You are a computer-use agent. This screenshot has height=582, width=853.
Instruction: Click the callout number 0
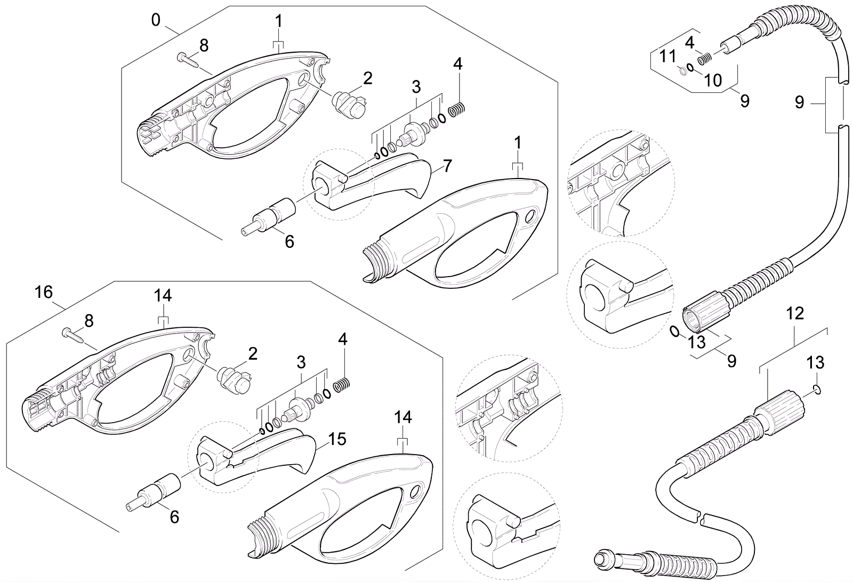[155, 20]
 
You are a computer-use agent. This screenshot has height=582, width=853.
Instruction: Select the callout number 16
[44, 292]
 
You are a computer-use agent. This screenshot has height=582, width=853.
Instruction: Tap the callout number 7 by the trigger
[447, 166]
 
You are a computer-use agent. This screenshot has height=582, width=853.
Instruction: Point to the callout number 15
[337, 440]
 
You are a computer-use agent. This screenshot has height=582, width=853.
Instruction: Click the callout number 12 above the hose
[794, 313]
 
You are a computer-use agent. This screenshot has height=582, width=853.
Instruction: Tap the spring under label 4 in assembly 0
[458, 110]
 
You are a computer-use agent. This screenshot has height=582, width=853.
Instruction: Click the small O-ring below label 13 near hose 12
[817, 391]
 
